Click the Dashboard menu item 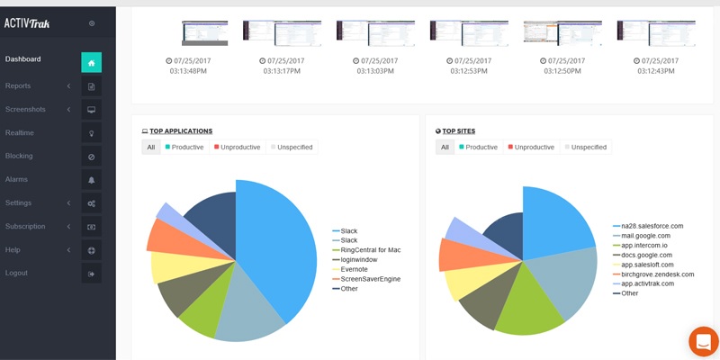coord(23,59)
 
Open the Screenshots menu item coord(25,109)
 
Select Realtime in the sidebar coord(20,132)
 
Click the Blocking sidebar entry coord(19,156)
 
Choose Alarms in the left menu coord(16,179)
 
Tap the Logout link coord(16,273)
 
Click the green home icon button coord(91,62)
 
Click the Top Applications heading coord(181,131)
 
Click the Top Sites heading coord(462,131)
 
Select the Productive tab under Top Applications coord(185,147)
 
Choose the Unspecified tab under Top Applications coord(292,147)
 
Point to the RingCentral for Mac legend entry coord(370,249)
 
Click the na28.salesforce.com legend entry coord(652,226)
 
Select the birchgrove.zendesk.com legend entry coord(657,274)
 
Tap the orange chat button coord(704,342)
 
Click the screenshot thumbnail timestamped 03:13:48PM coord(205,33)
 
